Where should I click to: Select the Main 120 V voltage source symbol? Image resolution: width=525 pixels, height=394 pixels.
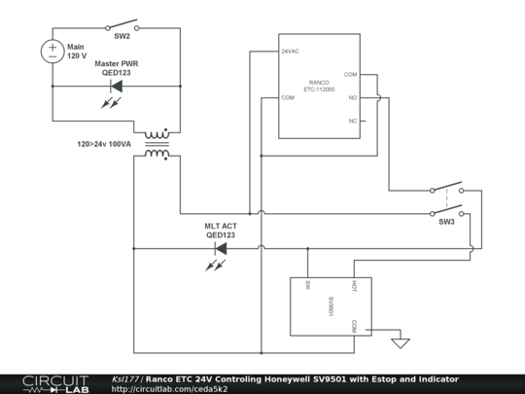click(x=52, y=51)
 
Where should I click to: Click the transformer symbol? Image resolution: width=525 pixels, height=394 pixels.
click(x=156, y=143)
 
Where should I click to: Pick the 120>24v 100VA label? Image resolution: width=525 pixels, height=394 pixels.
click(x=104, y=144)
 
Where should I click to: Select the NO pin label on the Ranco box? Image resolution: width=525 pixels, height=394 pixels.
click(x=352, y=97)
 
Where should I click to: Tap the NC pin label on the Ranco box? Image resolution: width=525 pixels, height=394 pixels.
click(x=352, y=122)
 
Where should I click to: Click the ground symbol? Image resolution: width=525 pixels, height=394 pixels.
click(x=399, y=341)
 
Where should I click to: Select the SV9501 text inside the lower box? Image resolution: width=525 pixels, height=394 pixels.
click(x=331, y=306)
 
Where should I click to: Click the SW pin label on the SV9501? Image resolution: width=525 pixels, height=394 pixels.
click(x=307, y=285)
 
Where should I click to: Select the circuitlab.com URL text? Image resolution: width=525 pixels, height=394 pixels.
click(x=169, y=389)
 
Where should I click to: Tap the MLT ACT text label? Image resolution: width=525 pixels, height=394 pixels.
click(x=220, y=225)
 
